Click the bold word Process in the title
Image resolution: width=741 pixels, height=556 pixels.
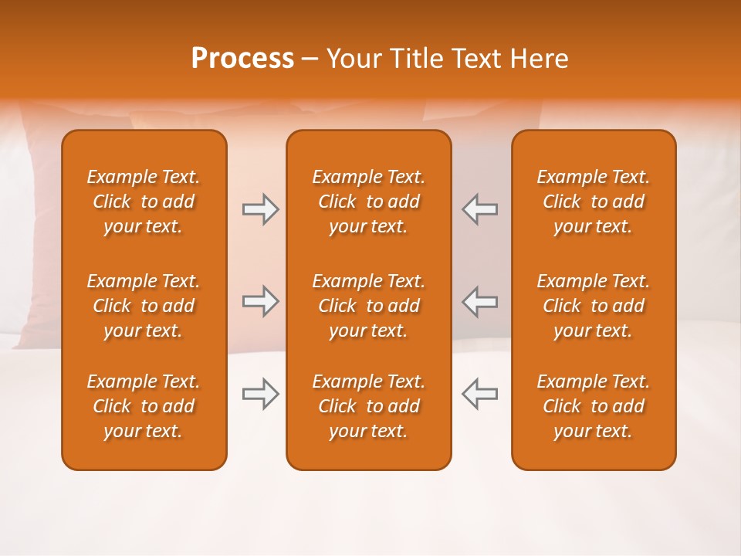tap(242, 58)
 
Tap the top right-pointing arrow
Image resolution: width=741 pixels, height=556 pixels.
tap(260, 209)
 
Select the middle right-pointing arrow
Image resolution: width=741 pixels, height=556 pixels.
tap(260, 301)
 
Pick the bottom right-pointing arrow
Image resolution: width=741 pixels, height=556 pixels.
tap(260, 394)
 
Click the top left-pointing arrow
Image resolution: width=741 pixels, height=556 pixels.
tap(479, 209)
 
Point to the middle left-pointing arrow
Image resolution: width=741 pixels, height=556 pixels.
tap(479, 301)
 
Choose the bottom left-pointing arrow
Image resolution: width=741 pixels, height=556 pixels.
tap(479, 394)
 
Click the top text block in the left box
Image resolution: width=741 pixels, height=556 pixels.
tap(144, 202)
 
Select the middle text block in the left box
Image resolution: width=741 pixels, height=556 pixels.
tap(144, 306)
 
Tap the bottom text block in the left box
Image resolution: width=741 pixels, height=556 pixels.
tap(144, 406)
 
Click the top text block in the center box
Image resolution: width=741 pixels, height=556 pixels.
tap(369, 202)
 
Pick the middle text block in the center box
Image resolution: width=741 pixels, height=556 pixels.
tap(369, 306)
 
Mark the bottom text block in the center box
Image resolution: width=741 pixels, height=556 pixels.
tap(369, 406)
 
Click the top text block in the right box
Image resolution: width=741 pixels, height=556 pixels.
tap(594, 202)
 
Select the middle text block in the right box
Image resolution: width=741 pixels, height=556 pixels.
tap(594, 306)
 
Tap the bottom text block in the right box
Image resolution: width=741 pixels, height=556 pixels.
tap(594, 406)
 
